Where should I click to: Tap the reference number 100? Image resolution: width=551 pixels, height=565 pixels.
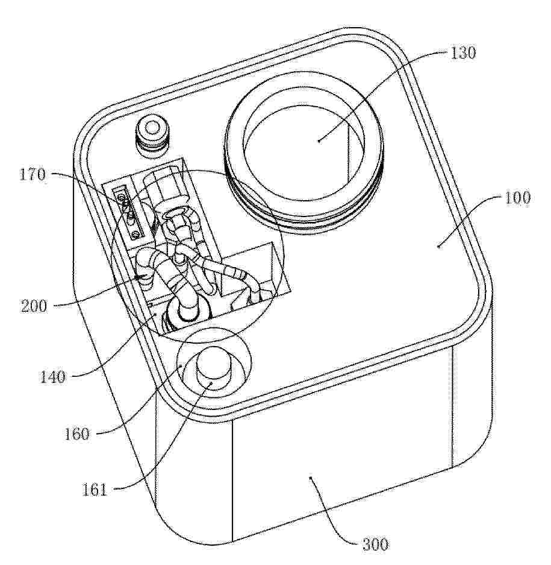pos(517,198)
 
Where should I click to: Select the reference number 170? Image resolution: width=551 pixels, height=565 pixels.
pos(33,175)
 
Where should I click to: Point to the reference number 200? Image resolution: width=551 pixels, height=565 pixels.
pos(34,306)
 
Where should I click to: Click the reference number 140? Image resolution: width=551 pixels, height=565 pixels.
pos(52,377)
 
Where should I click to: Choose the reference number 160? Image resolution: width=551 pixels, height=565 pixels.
pos(77,434)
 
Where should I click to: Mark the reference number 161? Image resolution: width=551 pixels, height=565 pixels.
pos(95,490)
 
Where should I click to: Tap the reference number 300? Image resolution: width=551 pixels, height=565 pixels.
pos(375,544)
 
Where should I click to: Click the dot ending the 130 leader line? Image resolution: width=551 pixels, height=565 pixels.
pos(319,141)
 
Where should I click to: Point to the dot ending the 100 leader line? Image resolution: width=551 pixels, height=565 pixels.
pos(438,247)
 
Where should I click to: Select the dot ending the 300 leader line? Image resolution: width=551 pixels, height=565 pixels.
pos(311,478)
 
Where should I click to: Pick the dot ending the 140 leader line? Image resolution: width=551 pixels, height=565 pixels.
pos(155,314)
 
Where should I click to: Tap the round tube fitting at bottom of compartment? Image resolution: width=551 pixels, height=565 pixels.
pos(187,313)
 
